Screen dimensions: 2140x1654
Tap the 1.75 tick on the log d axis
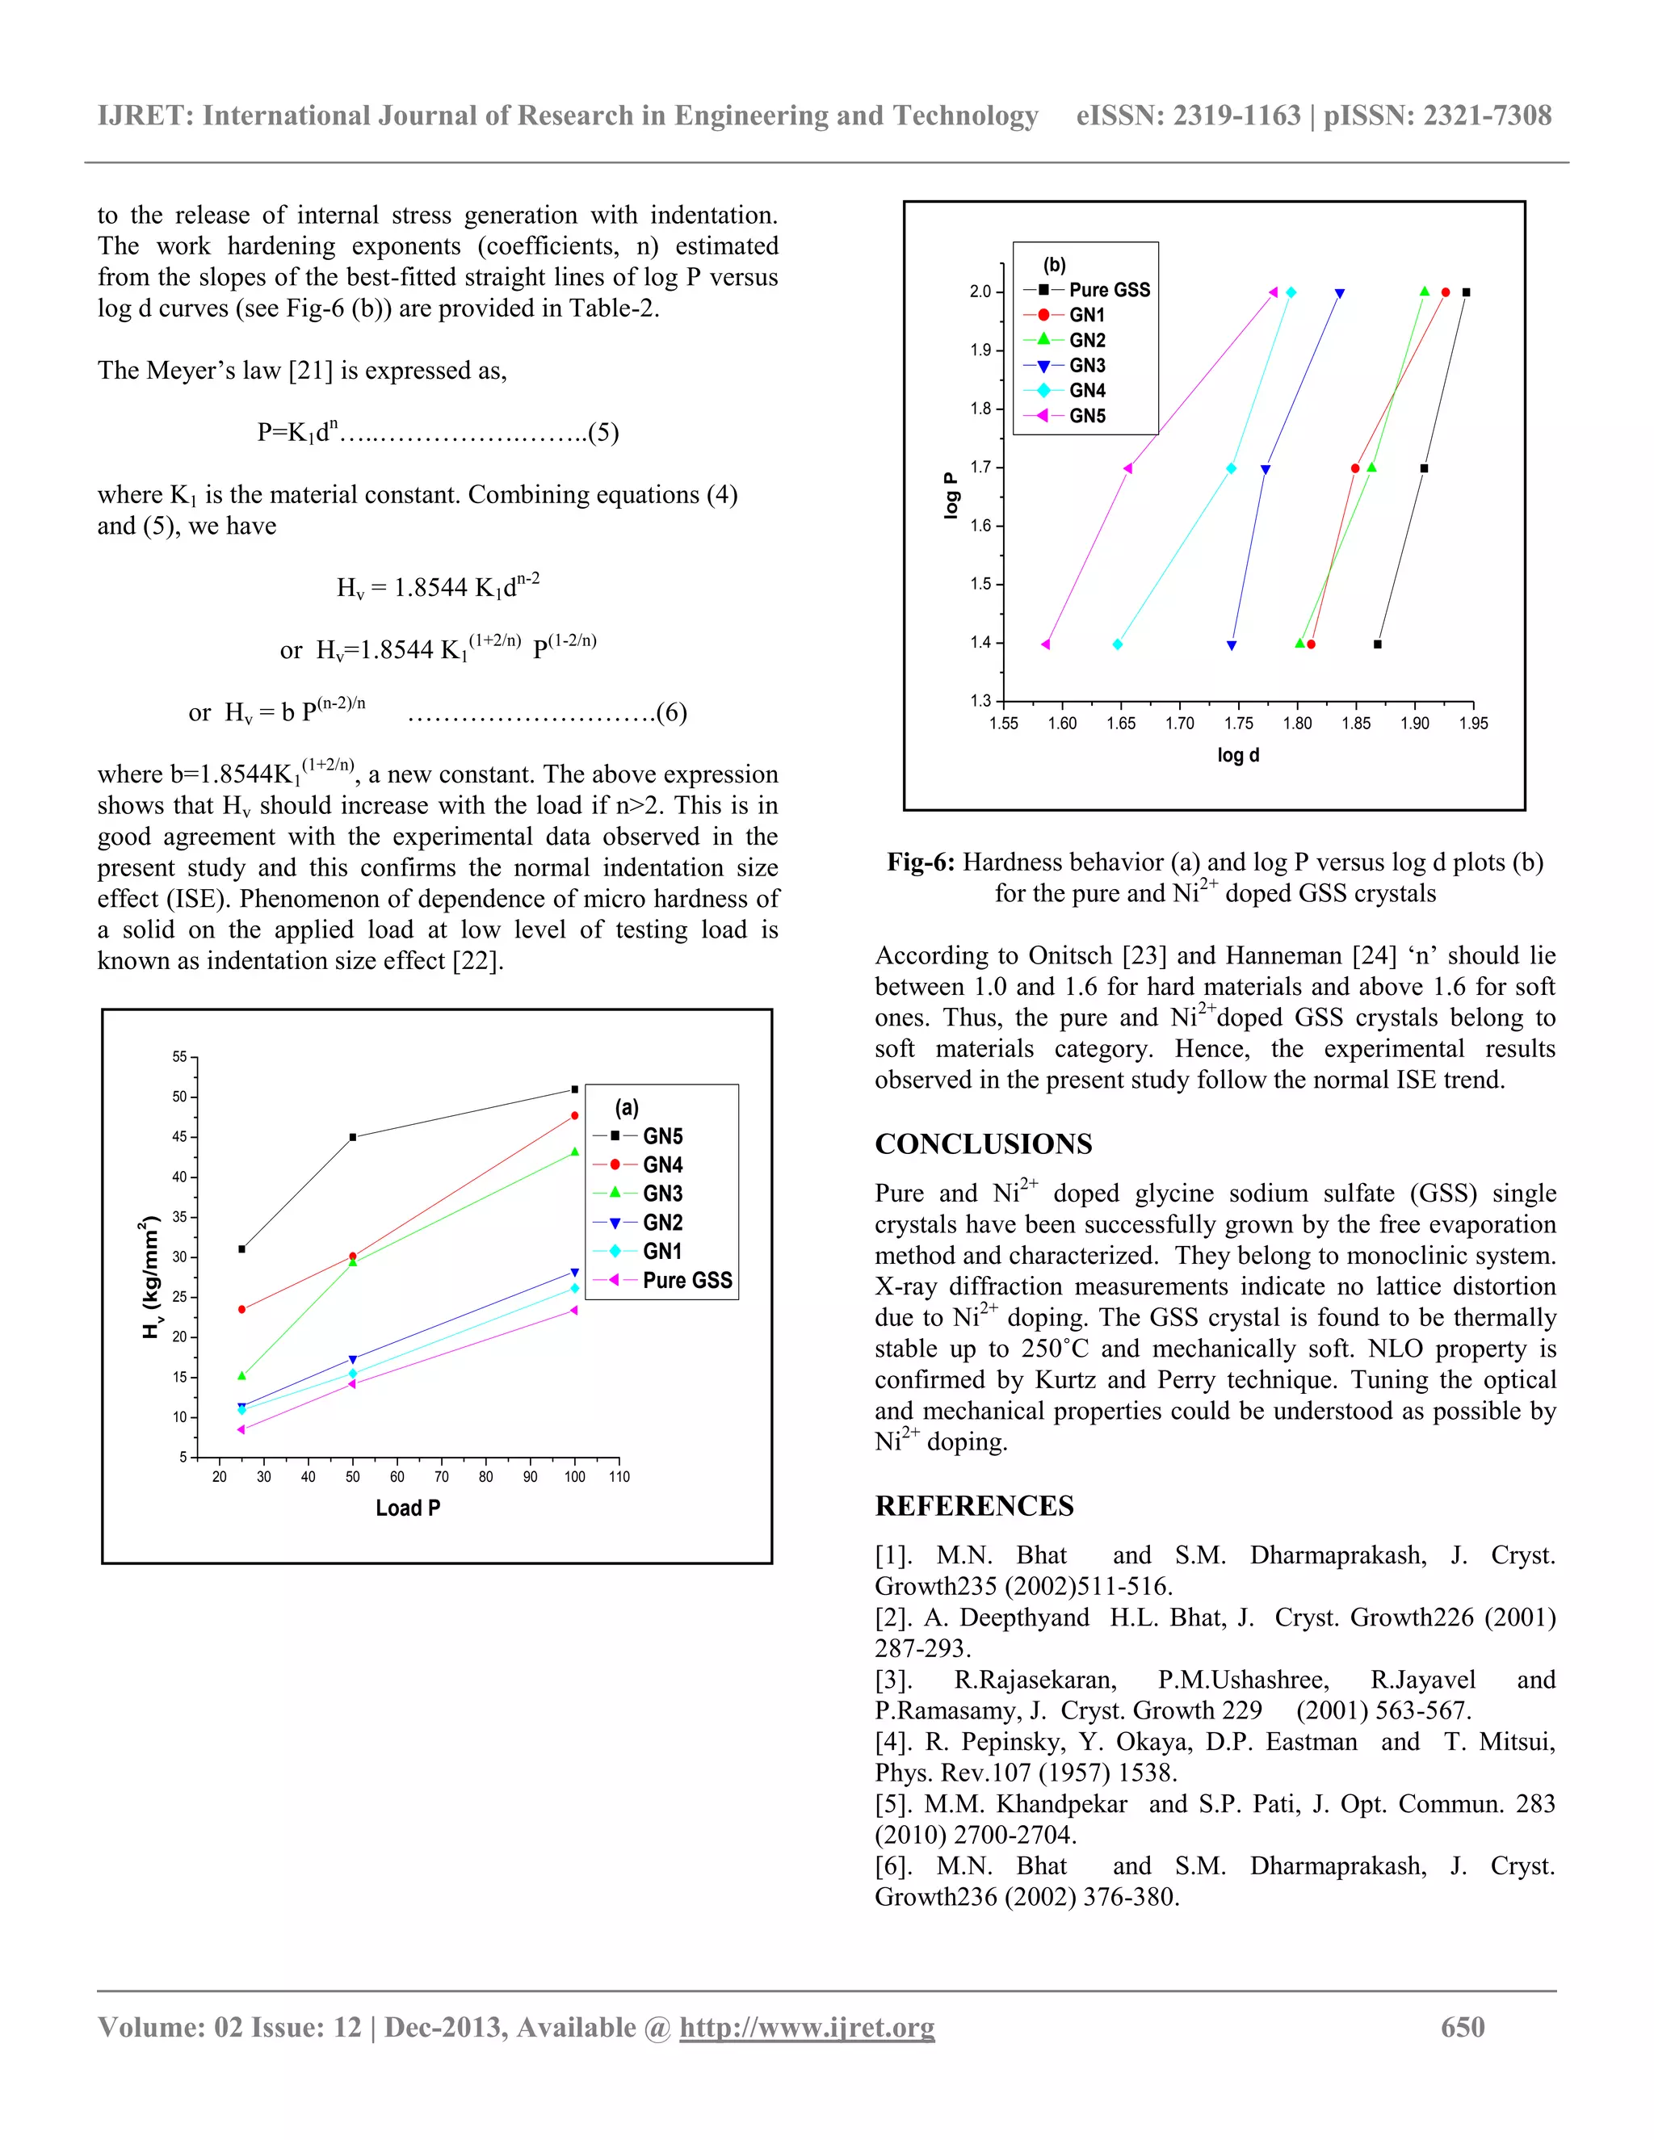coord(1239,723)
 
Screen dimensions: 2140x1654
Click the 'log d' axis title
coord(1237,756)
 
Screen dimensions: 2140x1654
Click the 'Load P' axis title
coord(408,1508)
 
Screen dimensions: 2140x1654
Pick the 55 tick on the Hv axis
coord(179,1057)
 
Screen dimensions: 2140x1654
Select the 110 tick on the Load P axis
coord(619,1477)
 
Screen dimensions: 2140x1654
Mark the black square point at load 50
coord(353,1138)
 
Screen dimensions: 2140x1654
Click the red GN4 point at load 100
coord(574,1116)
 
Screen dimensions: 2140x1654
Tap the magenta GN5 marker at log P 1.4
coord(1046,644)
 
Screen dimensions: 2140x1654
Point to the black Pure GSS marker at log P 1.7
coord(1424,468)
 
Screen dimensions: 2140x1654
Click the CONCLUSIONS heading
coord(983,1144)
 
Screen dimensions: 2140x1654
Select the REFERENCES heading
coord(974,1506)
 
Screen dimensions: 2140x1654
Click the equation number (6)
coord(671,712)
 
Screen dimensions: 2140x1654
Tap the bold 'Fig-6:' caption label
coord(920,862)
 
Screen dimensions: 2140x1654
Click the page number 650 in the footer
coord(1462,2027)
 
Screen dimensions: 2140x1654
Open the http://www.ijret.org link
coord(807,2027)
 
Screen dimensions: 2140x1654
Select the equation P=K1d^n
coord(298,432)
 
